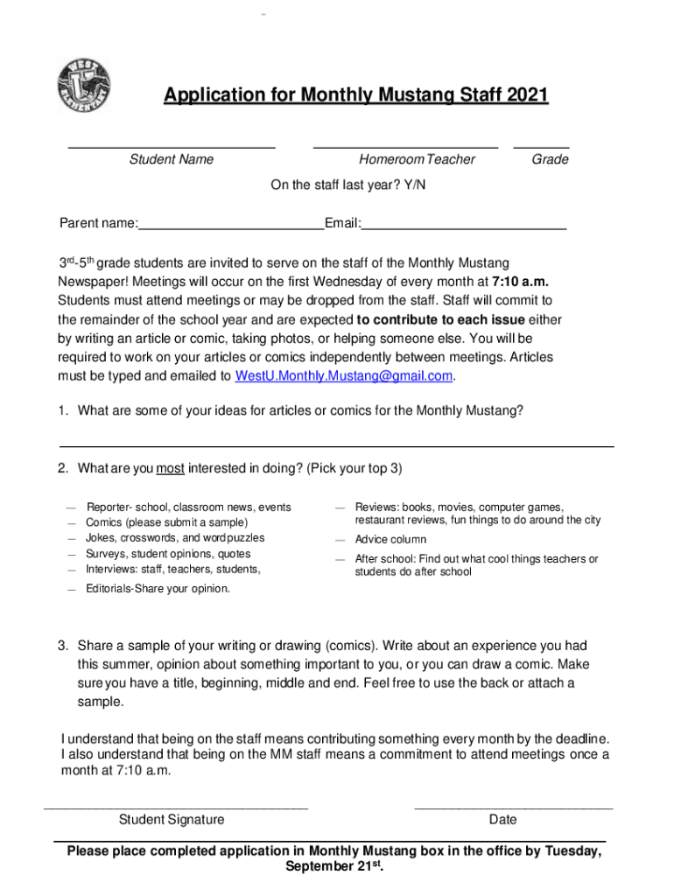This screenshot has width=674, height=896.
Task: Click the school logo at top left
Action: pos(84,85)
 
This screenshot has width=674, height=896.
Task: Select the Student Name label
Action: pos(172,159)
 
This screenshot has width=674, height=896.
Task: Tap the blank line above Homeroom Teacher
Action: pos(405,146)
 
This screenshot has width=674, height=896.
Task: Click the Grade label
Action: pos(550,159)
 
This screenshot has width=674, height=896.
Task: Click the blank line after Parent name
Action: pos(230,225)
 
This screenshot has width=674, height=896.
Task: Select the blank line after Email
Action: pos(464,225)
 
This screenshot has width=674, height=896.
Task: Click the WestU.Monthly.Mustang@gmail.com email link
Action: pos(344,376)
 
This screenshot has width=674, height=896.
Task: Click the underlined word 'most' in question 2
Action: pos(170,468)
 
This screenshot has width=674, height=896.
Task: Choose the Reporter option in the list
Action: pos(188,507)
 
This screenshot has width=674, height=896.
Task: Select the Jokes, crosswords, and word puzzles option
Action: pos(175,538)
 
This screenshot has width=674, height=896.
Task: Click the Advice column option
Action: pos(390,540)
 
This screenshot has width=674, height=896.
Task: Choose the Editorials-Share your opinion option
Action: pos(158,589)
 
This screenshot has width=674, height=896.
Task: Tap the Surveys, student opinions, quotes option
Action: pos(168,554)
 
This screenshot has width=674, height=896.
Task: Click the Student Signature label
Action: pos(172,820)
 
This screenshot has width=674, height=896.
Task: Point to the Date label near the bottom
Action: pos(503,820)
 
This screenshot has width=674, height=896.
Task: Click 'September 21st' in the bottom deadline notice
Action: pos(333,867)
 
